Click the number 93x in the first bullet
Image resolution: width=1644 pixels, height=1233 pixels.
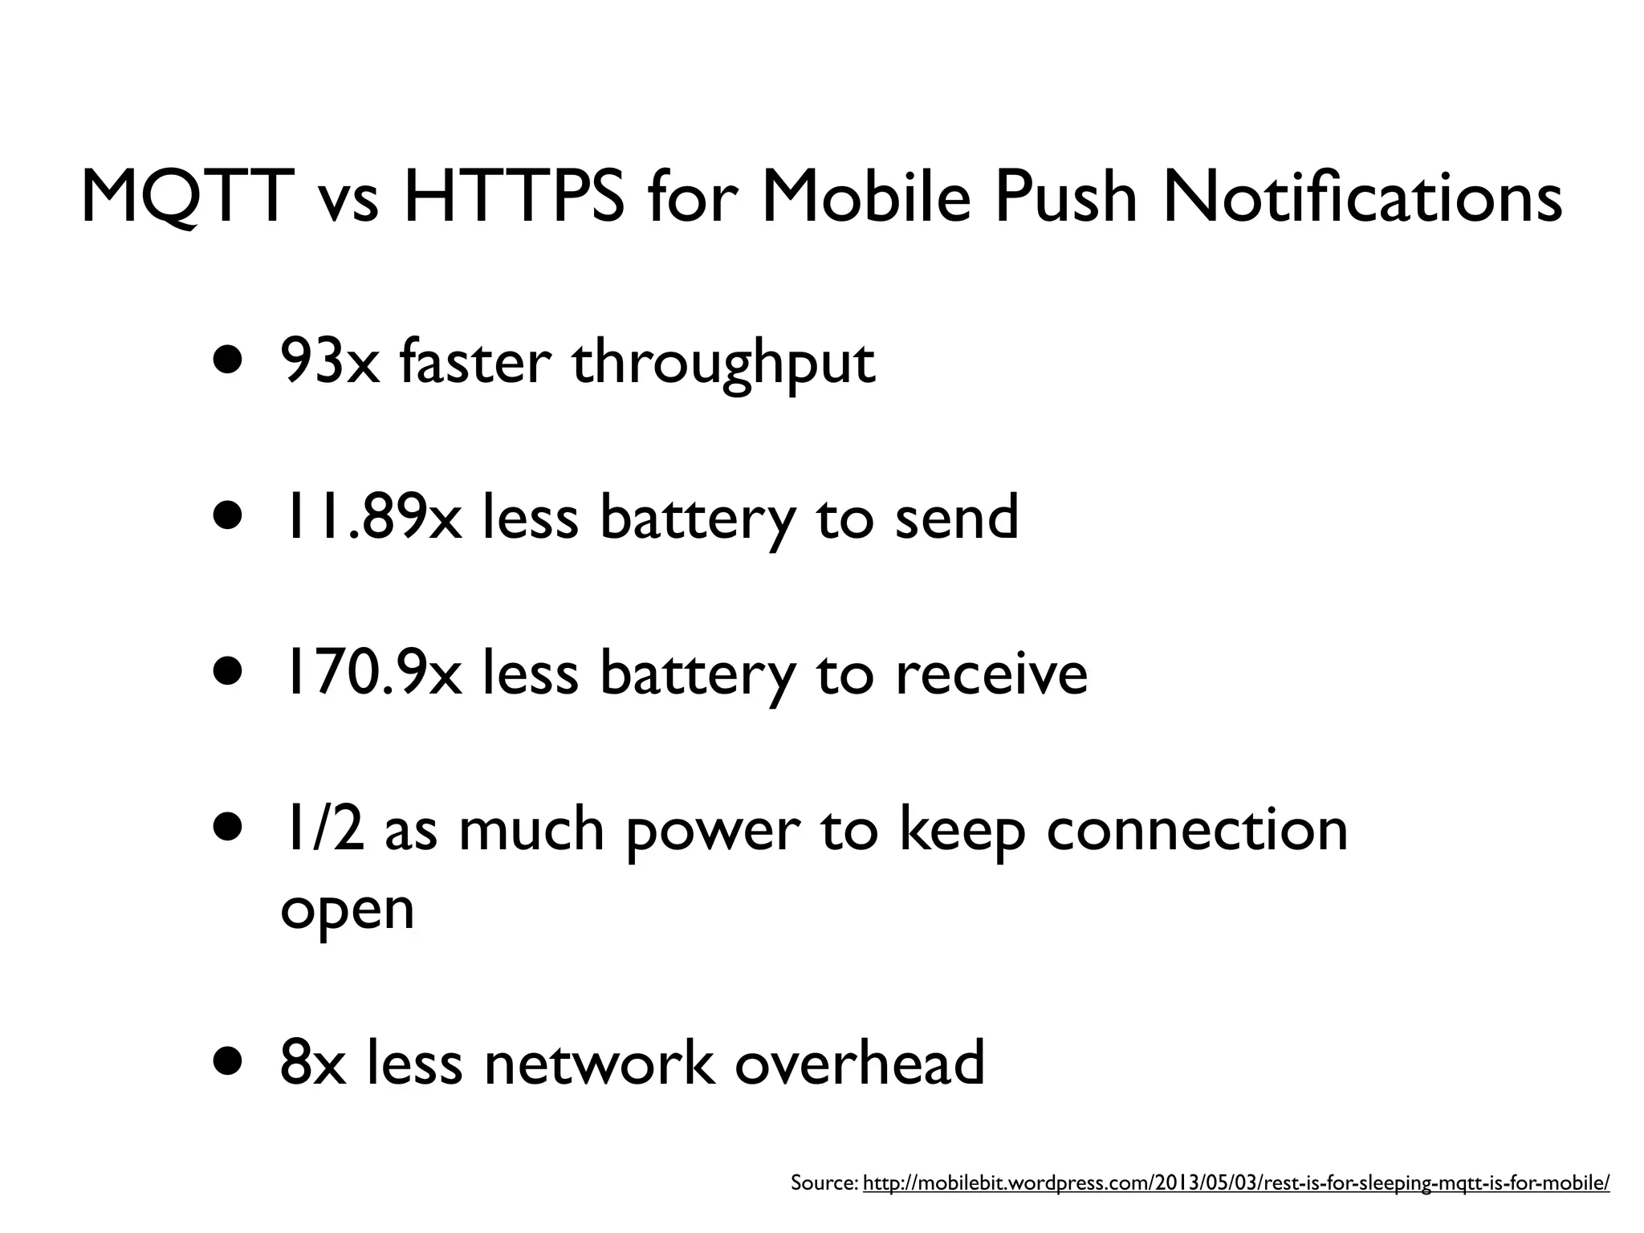330,362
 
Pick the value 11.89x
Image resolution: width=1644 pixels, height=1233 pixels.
370,517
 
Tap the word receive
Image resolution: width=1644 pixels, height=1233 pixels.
991,674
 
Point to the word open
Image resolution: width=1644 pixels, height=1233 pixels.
347,911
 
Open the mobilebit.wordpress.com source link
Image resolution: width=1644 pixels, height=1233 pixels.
1236,1182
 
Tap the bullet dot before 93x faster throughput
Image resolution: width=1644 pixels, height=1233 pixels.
227,358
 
